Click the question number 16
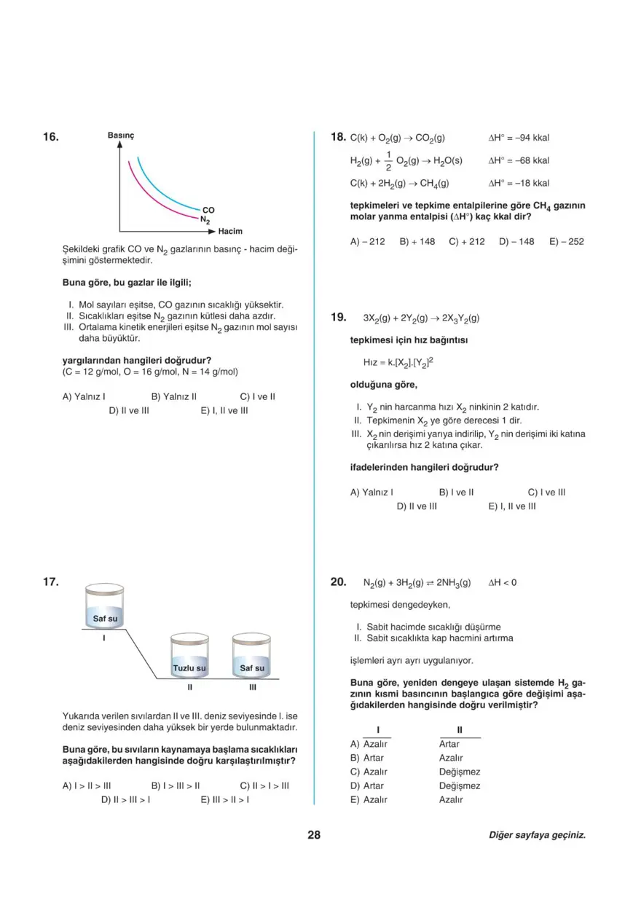click(50, 137)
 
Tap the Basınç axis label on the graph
click(121, 136)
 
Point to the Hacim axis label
click(230, 231)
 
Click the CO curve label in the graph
click(208, 210)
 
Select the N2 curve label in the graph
click(205, 219)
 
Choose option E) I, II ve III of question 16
click(224, 410)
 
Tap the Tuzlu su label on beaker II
click(189, 667)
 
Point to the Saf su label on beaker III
click(252, 667)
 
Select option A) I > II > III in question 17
click(87, 785)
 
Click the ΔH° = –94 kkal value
click(519, 137)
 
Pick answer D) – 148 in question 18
click(516, 241)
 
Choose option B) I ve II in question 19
click(457, 492)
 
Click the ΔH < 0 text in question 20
click(503, 582)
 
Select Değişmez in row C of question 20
click(460, 772)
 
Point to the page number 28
click(314, 835)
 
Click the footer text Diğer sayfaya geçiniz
click(537, 836)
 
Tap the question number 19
click(338, 317)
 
